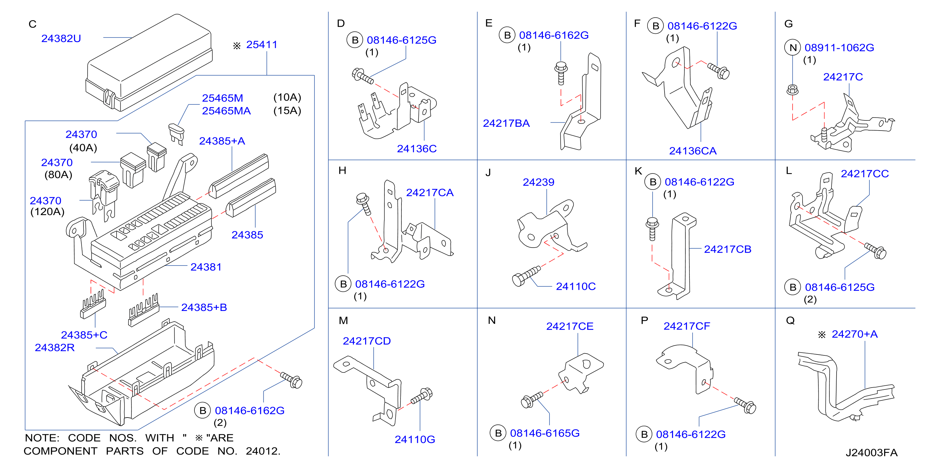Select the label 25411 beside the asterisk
pyautogui.click(x=262, y=44)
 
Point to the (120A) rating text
pyautogui.click(x=47, y=212)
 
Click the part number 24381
pyautogui.click(x=206, y=267)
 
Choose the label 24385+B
pyautogui.click(x=204, y=307)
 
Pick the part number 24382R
pyautogui.click(x=55, y=347)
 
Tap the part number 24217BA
pyautogui.click(x=506, y=123)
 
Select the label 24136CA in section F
pyautogui.click(x=693, y=151)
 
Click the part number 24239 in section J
pyautogui.click(x=539, y=182)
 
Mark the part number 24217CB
pyautogui.click(x=728, y=249)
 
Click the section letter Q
pyautogui.click(x=790, y=321)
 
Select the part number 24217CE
pyautogui.click(x=570, y=326)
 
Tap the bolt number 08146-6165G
pyautogui.click(x=544, y=433)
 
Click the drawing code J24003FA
pyautogui.click(x=872, y=452)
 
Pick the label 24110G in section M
pyautogui.click(x=415, y=439)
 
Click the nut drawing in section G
pyautogui.click(x=792, y=90)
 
